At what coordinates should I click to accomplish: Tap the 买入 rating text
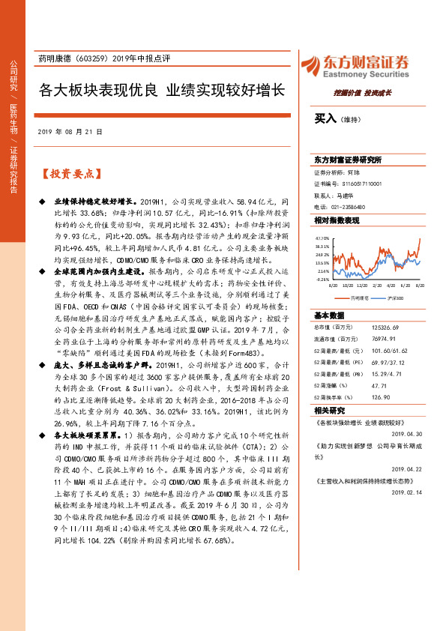coord(325,118)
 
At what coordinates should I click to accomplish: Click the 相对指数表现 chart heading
coord(337,220)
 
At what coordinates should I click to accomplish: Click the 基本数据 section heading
coord(329,314)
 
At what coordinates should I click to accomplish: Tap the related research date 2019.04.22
coord(406,468)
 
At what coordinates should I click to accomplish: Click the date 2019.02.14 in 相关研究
coord(406,492)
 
